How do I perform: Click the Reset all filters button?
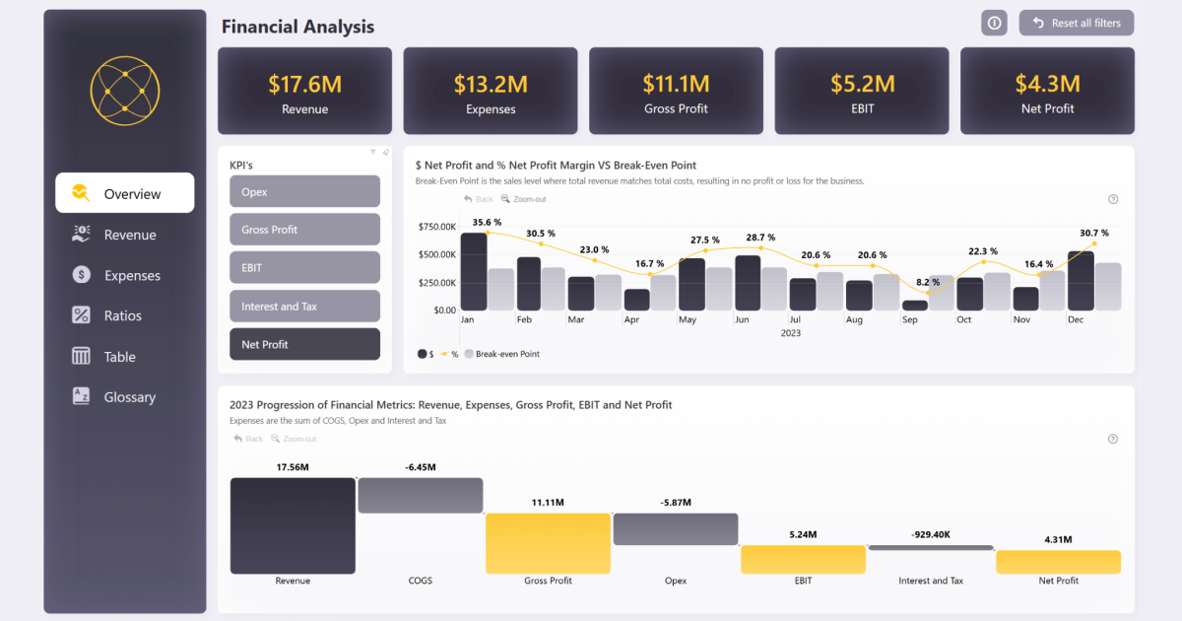pos(1077,23)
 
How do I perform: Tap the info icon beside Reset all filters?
pos(994,23)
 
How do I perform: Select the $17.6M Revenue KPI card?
pos(304,91)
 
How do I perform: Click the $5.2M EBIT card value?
pos(862,84)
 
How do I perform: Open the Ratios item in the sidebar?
pos(123,315)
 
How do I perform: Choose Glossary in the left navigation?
pos(129,397)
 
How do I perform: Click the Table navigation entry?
pos(119,357)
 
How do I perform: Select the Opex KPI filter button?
pos(304,191)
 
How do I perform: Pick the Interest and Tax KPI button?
pos(304,307)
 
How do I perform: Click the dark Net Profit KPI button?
pos(304,344)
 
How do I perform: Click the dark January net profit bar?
pos(474,272)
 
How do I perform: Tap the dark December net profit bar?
pos(1081,281)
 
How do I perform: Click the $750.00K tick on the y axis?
pos(436,227)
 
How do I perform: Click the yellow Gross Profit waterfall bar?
pos(548,542)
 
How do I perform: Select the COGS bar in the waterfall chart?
pos(420,495)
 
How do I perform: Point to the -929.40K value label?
pos(931,535)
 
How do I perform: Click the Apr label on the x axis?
pos(632,320)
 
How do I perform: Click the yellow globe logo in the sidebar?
pos(124,91)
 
